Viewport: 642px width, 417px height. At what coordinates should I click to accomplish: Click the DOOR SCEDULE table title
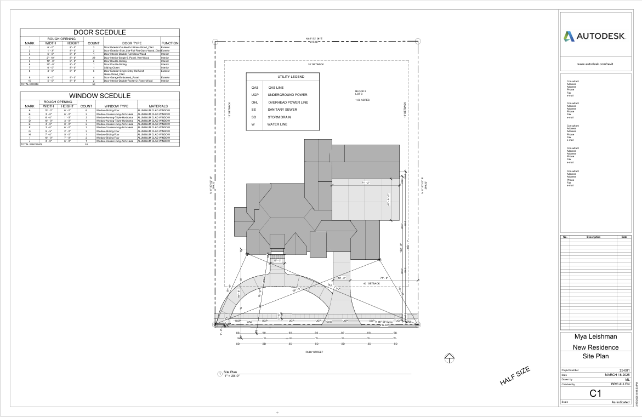click(100, 33)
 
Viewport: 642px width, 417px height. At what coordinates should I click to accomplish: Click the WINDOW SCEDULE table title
click(100, 96)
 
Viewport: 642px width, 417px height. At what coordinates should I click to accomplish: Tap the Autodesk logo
click(594, 37)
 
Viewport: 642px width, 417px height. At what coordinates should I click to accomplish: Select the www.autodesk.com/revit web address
click(594, 64)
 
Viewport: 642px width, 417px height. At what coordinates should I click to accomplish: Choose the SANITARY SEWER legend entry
click(282, 110)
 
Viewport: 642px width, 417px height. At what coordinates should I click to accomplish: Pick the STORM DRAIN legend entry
click(279, 117)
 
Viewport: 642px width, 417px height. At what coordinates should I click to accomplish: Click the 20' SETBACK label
click(315, 65)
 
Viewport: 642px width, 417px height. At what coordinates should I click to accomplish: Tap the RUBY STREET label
click(314, 352)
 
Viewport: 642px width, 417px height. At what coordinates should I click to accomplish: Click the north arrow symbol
click(449, 358)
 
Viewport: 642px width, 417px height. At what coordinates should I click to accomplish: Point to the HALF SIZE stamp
click(515, 376)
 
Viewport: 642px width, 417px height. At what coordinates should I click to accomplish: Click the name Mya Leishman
click(595, 337)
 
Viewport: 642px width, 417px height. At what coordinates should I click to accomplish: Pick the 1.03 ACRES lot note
click(362, 100)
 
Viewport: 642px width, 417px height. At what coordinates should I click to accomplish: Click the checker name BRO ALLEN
click(618, 385)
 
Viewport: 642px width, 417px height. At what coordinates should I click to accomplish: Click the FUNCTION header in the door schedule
click(169, 43)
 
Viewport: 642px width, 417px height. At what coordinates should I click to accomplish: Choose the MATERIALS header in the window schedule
click(158, 106)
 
